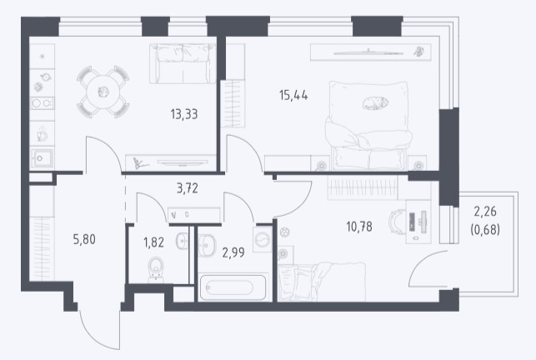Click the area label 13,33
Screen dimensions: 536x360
184,114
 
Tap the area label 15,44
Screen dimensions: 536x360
293,95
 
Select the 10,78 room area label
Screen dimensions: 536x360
359,227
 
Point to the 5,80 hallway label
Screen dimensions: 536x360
84,239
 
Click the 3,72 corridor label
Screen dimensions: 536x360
188,188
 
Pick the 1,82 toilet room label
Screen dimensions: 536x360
153,242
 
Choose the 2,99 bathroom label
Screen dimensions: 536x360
233,252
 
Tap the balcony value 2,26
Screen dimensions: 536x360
485,212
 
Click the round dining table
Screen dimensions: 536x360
103,92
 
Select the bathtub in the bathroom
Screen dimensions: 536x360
233,287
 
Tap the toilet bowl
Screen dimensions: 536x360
156,269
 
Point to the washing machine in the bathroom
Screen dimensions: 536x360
263,239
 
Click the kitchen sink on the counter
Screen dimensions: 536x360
42,158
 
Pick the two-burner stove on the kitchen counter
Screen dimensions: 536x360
42,102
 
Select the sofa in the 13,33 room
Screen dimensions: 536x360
183,63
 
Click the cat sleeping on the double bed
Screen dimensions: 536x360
375,102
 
